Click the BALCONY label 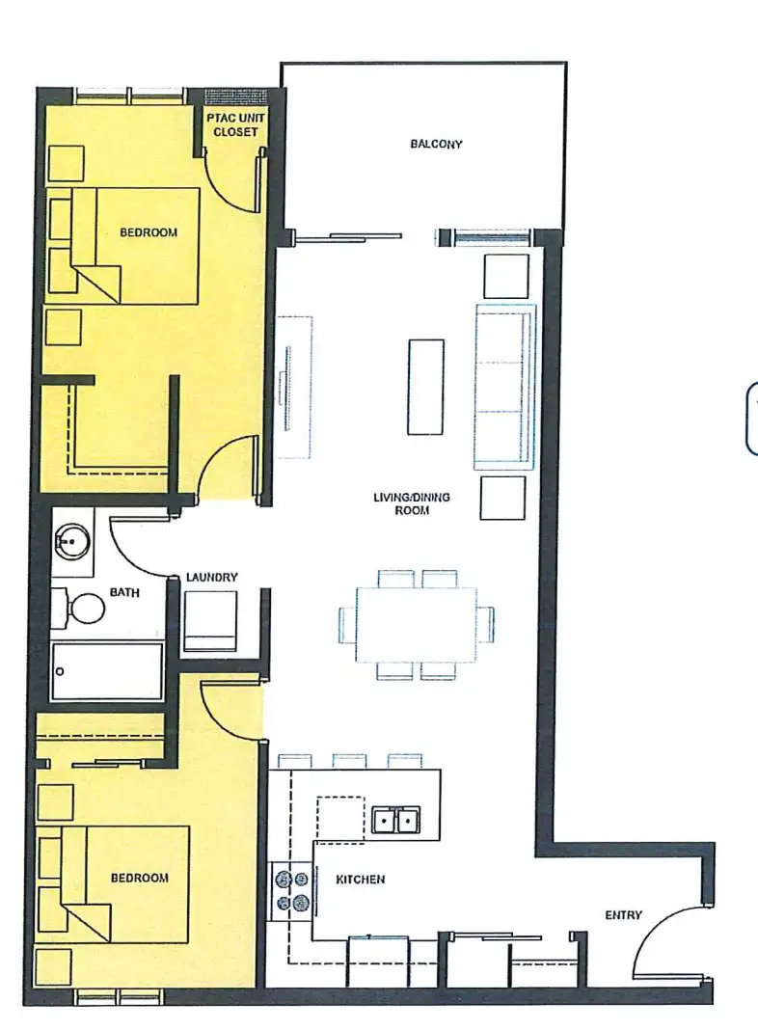pos(436,144)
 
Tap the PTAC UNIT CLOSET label pos(235,124)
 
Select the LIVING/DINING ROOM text pos(412,503)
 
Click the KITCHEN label pos(360,879)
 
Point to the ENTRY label pos(623,914)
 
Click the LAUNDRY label pos(211,578)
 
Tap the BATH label pos(124,592)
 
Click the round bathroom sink pos(71,541)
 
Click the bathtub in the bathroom pos(107,671)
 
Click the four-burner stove pos(292,889)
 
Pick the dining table pos(417,624)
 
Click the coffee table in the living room pos(425,387)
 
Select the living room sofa pos(504,387)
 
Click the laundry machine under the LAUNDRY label pos(210,621)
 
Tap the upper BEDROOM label pos(149,231)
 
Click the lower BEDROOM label pos(139,878)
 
